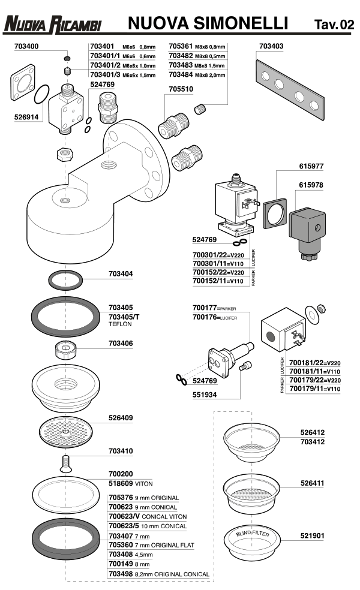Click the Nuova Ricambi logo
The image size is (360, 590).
pyautogui.click(x=52, y=24)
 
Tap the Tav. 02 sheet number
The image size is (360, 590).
pyautogui.click(x=334, y=24)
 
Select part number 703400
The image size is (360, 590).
pyautogui.click(x=31, y=46)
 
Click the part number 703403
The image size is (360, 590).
pyautogui.click(x=271, y=46)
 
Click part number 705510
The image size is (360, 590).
pyautogui.click(x=181, y=89)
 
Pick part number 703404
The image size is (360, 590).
pyautogui.click(x=121, y=274)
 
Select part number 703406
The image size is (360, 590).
pyautogui.click(x=121, y=344)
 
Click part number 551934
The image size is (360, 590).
pyautogui.click(x=205, y=396)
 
